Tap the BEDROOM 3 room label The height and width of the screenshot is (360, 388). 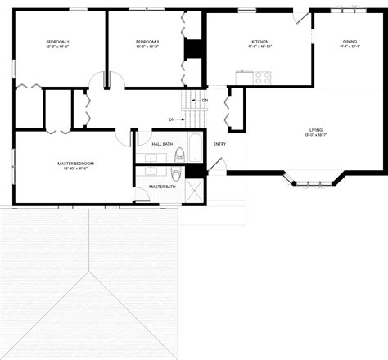point(147,41)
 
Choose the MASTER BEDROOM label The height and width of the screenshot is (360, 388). point(75,164)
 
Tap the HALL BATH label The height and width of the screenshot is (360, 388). point(162,144)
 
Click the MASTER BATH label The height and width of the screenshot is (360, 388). point(162,187)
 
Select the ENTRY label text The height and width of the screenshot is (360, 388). point(219,145)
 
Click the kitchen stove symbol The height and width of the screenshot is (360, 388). point(262,78)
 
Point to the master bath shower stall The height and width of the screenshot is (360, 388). point(195,191)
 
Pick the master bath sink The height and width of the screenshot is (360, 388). point(151,172)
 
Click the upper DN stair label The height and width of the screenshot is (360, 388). point(205,101)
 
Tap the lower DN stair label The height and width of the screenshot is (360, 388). point(172,119)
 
